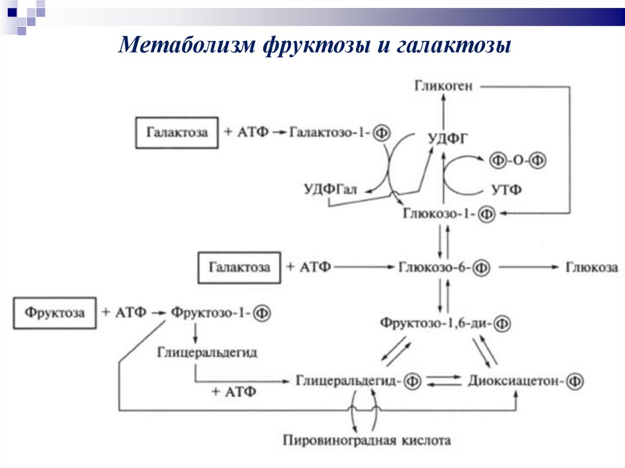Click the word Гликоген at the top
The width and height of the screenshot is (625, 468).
[x=443, y=86]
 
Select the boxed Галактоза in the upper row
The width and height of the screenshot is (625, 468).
[x=176, y=132]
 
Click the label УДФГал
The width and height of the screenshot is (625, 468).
[x=330, y=190]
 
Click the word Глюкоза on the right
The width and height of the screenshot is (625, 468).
[x=591, y=267]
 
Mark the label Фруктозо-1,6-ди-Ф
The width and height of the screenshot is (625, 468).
[x=445, y=322]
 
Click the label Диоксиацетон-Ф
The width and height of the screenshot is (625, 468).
[x=526, y=381]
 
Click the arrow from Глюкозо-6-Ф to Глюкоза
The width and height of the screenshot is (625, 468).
[x=524, y=267]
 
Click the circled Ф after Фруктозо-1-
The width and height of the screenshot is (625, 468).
[x=262, y=313]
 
